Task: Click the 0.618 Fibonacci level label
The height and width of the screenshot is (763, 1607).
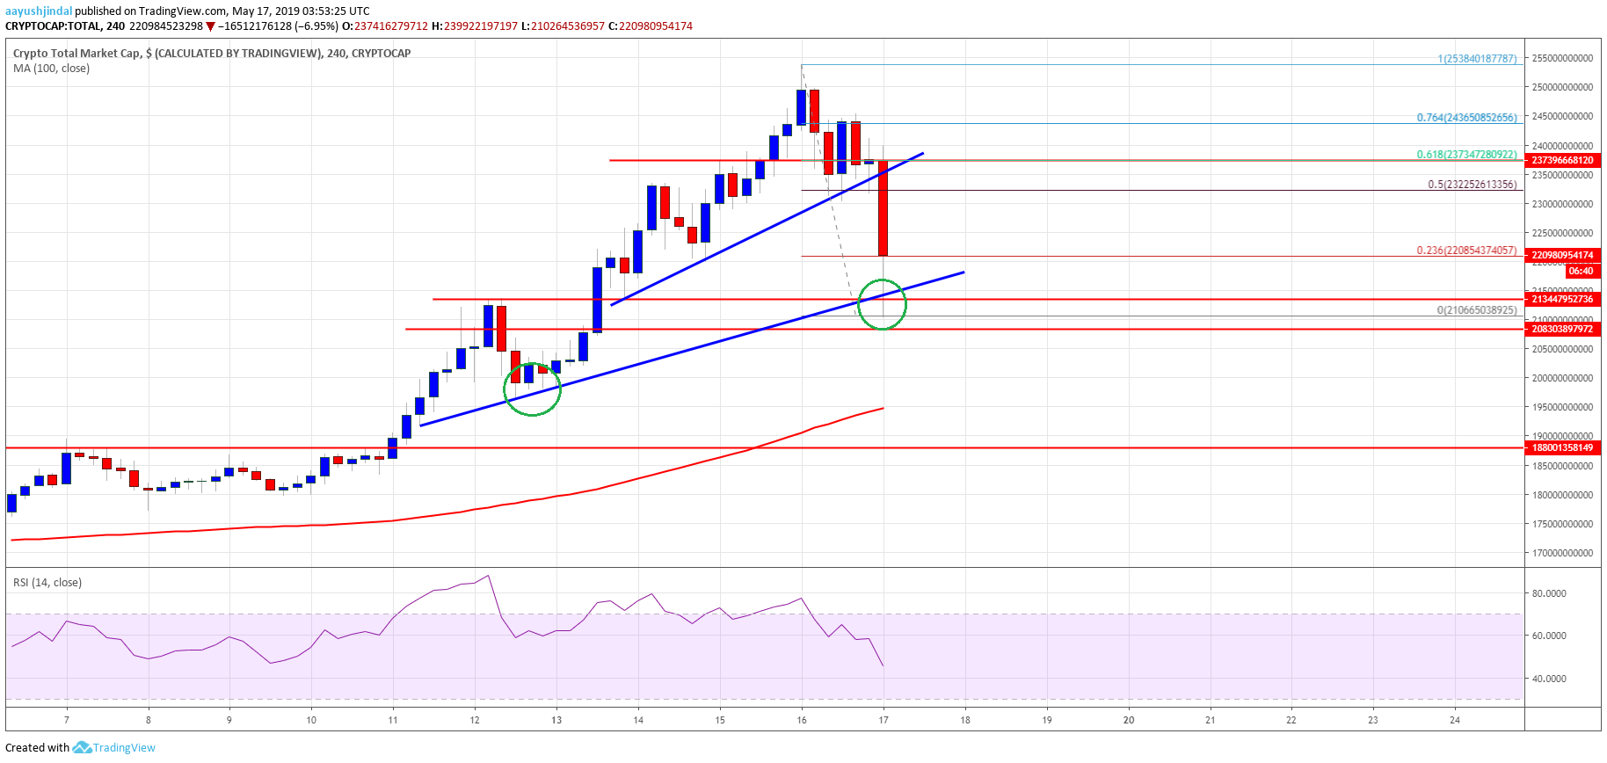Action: click(1466, 155)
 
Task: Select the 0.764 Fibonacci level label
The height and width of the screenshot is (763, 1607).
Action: click(1466, 118)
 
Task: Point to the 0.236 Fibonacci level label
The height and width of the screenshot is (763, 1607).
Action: click(1466, 251)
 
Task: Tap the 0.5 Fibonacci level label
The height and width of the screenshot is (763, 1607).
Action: click(1472, 185)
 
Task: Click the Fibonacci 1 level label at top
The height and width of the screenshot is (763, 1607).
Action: click(1477, 59)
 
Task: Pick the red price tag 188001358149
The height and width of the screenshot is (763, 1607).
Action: click(1562, 447)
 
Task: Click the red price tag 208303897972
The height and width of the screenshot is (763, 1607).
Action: click(1562, 329)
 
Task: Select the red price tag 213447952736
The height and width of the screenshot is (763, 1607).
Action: click(1562, 299)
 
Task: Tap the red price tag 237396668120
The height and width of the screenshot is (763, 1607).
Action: click(1562, 160)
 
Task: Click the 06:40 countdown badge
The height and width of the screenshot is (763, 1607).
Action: click(1581, 271)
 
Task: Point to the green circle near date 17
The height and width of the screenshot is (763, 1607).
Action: click(882, 304)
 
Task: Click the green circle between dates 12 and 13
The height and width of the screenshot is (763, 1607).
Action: click(532, 389)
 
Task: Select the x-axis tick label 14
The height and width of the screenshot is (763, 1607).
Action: click(638, 720)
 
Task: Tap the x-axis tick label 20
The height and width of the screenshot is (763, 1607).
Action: click(1129, 720)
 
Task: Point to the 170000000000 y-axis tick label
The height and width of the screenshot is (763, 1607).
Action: click(1562, 553)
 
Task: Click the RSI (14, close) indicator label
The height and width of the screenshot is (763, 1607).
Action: click(47, 582)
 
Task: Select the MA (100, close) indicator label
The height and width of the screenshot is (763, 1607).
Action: click(51, 68)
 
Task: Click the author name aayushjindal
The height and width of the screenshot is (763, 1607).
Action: click(39, 11)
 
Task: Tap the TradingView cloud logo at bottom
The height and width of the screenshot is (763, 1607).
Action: click(82, 747)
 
